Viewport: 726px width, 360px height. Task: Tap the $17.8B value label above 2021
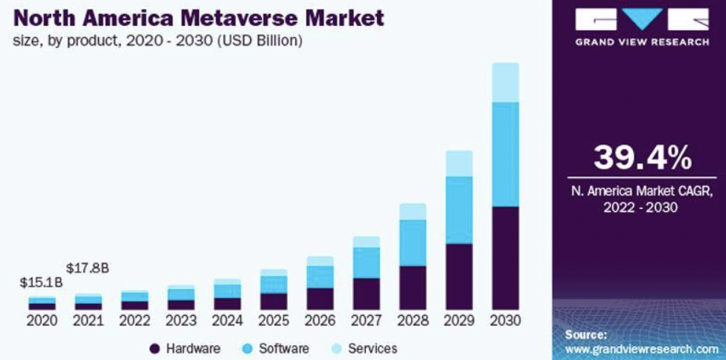[88, 267]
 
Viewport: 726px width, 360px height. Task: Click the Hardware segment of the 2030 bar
[505, 258]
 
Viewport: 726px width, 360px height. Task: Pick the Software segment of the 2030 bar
[505, 154]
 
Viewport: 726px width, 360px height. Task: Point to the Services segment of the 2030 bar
[505, 82]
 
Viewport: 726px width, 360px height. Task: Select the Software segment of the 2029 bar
[459, 210]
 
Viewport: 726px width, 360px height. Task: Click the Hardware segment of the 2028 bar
[412, 288]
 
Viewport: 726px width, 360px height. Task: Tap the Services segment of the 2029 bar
[459, 164]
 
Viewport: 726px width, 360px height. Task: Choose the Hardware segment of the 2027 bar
[367, 294]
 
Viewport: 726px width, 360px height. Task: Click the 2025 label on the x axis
[274, 321]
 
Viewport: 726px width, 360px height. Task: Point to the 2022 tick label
[134, 321]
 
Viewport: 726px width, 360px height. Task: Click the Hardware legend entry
[184, 348]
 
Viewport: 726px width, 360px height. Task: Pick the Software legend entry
[277, 348]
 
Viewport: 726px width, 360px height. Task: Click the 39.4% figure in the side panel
[639, 156]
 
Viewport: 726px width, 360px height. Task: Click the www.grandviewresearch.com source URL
[640, 349]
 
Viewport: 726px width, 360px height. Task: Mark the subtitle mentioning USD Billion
[156, 41]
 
